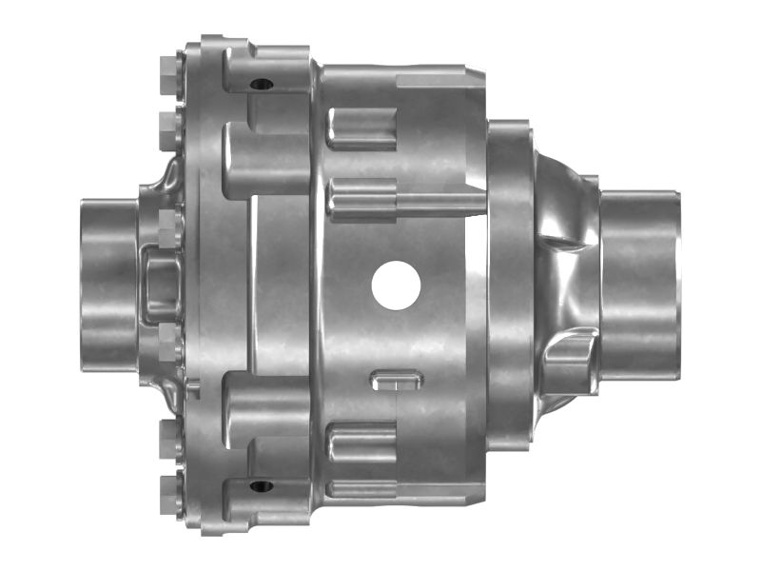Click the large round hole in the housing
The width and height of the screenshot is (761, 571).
pos(397,285)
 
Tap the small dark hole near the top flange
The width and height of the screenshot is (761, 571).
pos(262,85)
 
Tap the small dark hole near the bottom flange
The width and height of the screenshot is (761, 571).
pos(262,486)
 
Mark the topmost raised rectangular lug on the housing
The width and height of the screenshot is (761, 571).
pos(361,128)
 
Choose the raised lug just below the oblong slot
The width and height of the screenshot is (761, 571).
pos(361,441)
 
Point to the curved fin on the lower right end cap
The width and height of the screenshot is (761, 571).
pos(571,352)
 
